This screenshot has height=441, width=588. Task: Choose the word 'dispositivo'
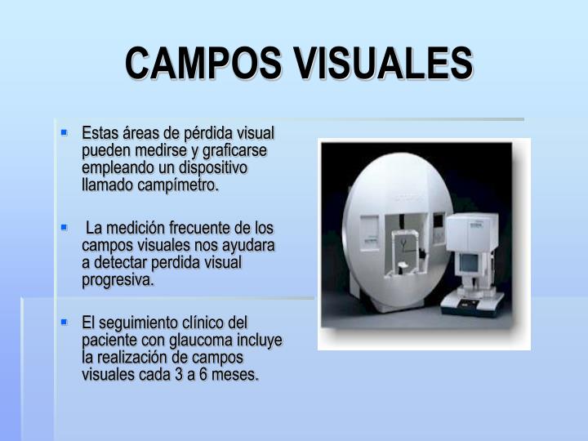click(x=212, y=167)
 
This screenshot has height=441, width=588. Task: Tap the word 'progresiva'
click(x=117, y=280)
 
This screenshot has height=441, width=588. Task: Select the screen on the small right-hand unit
click(x=470, y=263)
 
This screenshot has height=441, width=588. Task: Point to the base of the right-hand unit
click(x=473, y=306)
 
